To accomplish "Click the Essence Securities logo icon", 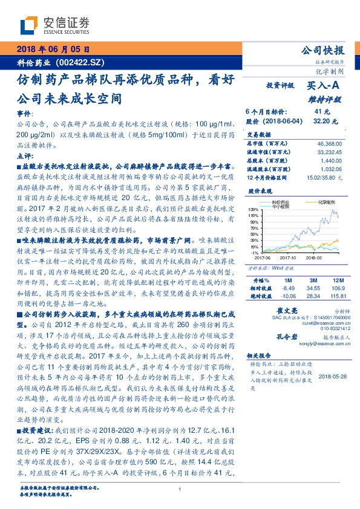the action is click(28, 25).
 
